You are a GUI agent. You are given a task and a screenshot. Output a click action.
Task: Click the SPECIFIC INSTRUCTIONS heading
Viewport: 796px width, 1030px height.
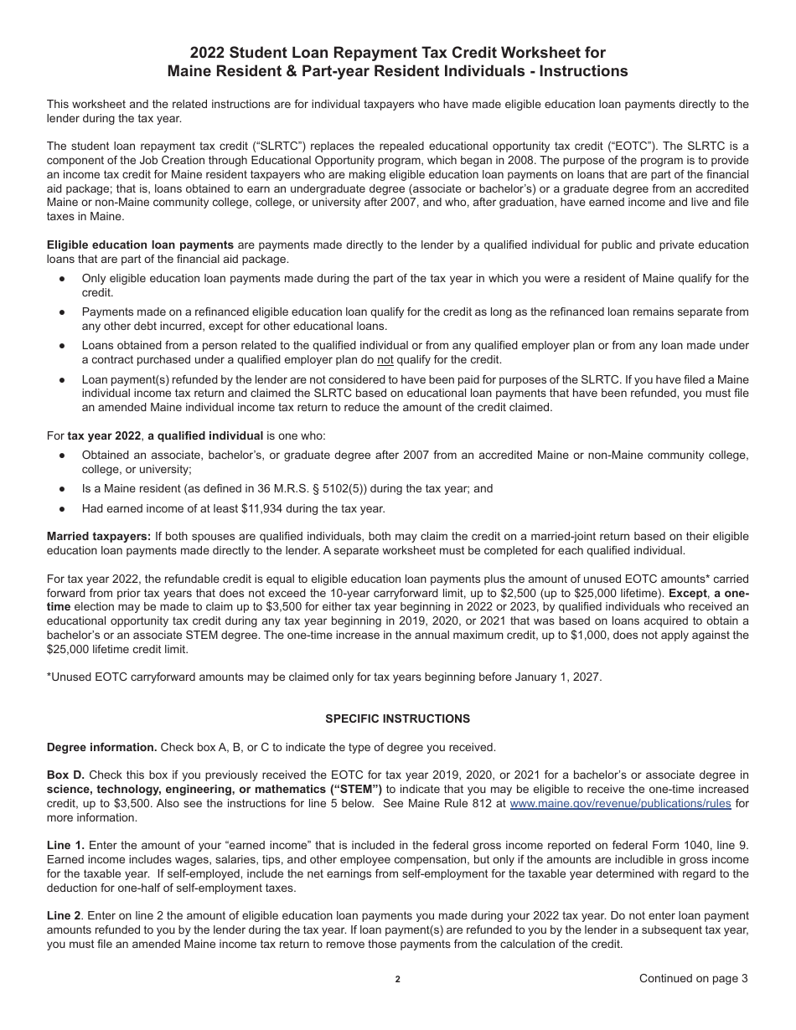point(397,718)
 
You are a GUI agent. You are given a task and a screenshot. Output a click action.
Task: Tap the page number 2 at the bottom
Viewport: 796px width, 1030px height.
point(398,979)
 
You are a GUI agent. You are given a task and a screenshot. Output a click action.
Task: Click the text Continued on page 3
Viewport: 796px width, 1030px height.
point(693,978)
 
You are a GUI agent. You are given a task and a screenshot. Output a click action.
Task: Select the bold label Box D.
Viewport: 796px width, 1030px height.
point(65,775)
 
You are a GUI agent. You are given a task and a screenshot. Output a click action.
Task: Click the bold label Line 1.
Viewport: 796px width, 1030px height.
point(65,846)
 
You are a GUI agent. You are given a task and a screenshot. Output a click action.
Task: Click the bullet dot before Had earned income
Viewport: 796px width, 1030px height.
point(62,508)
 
